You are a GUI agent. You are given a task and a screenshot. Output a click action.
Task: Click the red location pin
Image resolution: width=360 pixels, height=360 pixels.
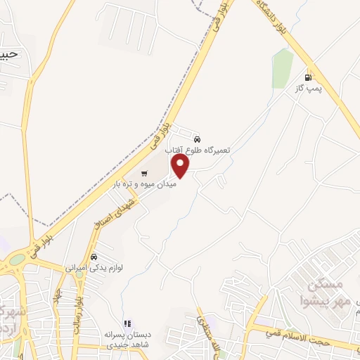point(181,165)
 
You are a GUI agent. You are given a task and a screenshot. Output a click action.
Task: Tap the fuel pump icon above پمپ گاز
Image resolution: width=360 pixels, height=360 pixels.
point(307,77)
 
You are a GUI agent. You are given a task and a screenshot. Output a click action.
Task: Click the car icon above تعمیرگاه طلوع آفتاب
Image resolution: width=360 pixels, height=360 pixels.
point(197,139)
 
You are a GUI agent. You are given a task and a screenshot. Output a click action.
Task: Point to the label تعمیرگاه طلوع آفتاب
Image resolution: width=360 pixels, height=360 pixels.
point(198,150)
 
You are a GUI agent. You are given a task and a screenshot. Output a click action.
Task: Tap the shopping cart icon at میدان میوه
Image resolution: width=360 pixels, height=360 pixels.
point(144,173)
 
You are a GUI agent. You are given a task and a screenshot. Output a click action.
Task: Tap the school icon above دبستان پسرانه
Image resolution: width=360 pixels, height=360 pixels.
point(127,324)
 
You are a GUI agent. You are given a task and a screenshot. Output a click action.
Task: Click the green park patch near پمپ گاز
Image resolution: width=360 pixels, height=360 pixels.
point(283,68)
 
